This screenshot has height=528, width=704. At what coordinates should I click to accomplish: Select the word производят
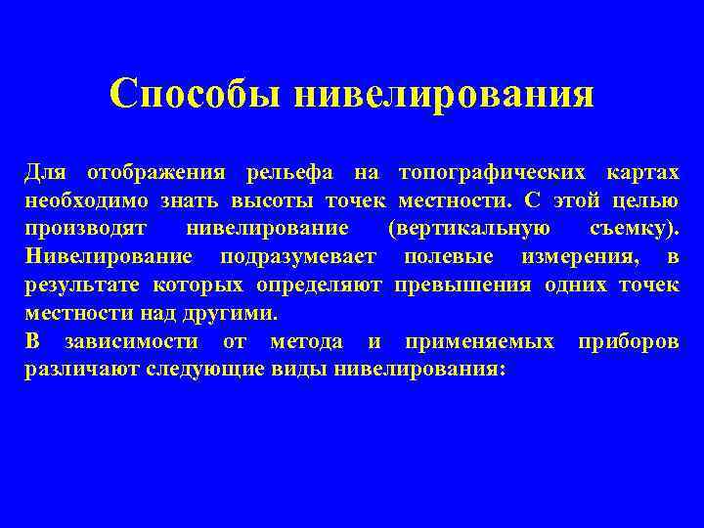[86, 230]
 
